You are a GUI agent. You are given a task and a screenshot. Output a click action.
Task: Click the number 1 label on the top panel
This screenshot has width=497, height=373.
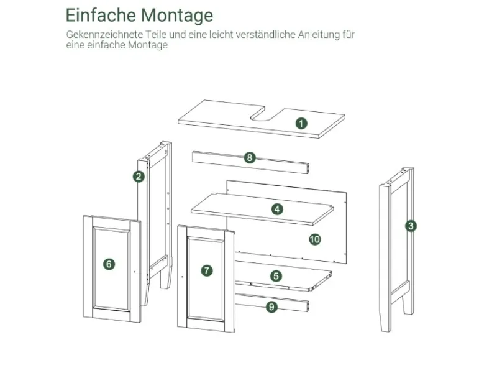[x=301, y=123]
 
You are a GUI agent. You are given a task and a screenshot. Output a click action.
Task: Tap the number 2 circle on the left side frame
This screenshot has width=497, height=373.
[x=139, y=177]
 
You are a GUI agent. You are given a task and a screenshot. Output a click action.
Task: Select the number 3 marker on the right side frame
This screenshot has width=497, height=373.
[x=411, y=226]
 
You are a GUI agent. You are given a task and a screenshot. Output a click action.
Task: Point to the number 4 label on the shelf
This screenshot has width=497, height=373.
[x=277, y=209]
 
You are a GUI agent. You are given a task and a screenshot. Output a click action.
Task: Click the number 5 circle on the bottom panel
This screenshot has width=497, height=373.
[x=276, y=276]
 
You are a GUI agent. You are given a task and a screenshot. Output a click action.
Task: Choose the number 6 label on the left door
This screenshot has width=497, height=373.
[x=109, y=264]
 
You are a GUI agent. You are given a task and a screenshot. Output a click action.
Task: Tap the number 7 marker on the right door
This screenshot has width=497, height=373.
[x=207, y=270]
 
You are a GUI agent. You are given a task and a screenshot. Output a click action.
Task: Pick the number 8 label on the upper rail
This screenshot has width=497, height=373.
[x=250, y=158]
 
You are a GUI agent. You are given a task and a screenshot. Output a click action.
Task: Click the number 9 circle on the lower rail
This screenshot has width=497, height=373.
[x=271, y=307]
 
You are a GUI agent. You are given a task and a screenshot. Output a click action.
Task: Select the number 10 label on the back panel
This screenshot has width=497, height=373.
[x=315, y=239]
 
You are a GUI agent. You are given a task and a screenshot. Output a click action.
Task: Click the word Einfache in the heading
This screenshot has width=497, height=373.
[x=101, y=15]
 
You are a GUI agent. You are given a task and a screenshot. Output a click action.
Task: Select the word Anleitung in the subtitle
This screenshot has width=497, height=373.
[x=319, y=34]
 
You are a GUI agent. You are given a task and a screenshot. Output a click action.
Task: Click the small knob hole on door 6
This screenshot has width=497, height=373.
[x=135, y=272]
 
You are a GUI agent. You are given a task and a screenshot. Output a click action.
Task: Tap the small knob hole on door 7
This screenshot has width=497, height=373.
[x=182, y=277]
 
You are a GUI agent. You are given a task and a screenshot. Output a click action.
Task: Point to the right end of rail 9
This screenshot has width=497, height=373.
[x=308, y=306]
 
